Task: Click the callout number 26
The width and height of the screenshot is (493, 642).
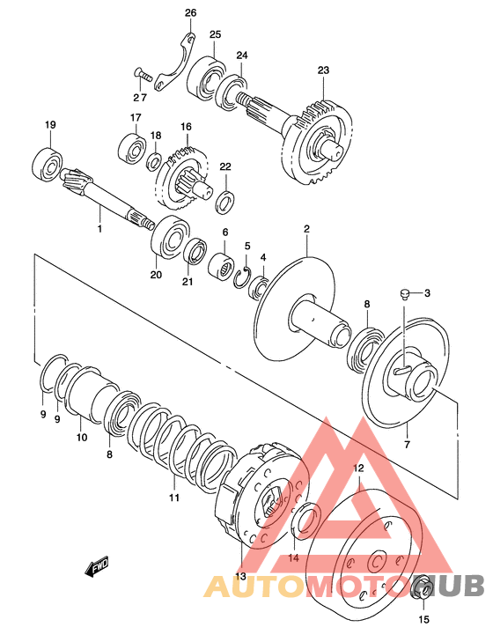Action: pos(190,13)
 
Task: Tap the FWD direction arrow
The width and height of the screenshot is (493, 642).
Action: pos(97,567)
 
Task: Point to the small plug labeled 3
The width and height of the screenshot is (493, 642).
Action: pos(404,293)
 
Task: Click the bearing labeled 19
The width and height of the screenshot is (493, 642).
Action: pos(47,165)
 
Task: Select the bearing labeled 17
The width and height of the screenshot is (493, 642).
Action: pos(132,148)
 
